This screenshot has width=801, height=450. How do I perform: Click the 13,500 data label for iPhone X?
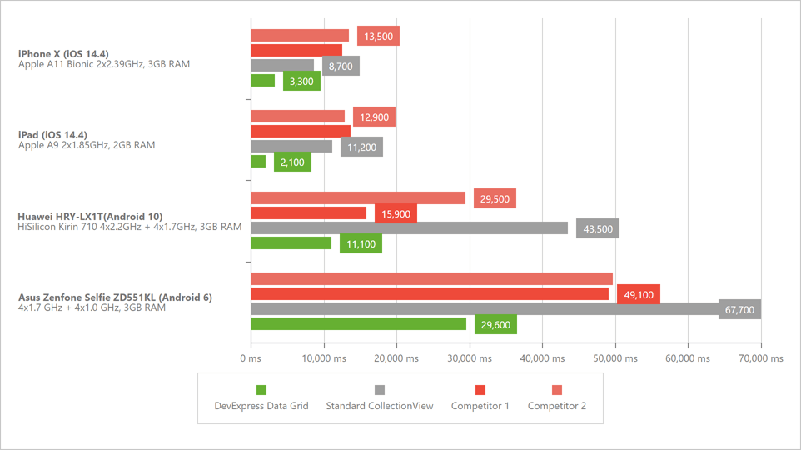tap(378, 36)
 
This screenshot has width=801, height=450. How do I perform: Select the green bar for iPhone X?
tap(262, 81)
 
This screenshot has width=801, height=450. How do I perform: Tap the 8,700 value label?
tap(341, 66)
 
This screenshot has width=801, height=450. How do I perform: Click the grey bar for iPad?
tap(291, 147)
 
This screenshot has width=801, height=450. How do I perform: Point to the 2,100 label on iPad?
tap(292, 162)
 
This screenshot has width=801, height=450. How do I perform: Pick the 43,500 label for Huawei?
tap(597, 228)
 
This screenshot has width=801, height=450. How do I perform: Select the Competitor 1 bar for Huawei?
tap(308, 212)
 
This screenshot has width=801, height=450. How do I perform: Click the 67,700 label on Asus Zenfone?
tap(739, 309)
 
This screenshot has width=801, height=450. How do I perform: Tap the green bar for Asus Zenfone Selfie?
tap(358, 324)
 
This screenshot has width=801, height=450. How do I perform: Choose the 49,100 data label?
tap(638, 294)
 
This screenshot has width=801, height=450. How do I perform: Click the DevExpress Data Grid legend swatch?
tap(261, 390)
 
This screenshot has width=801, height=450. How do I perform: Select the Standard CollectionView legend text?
tap(379, 406)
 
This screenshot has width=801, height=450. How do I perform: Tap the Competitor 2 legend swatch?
tap(558, 390)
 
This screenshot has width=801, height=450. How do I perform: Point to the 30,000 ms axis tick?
tap(470, 358)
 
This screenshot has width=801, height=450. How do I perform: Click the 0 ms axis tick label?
tap(251, 358)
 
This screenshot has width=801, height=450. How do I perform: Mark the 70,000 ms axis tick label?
tap(760, 358)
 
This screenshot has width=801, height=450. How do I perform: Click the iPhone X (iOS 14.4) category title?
tap(63, 54)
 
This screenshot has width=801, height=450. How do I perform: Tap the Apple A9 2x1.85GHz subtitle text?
tap(87, 145)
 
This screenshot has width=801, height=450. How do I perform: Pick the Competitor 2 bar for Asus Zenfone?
tap(431, 278)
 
